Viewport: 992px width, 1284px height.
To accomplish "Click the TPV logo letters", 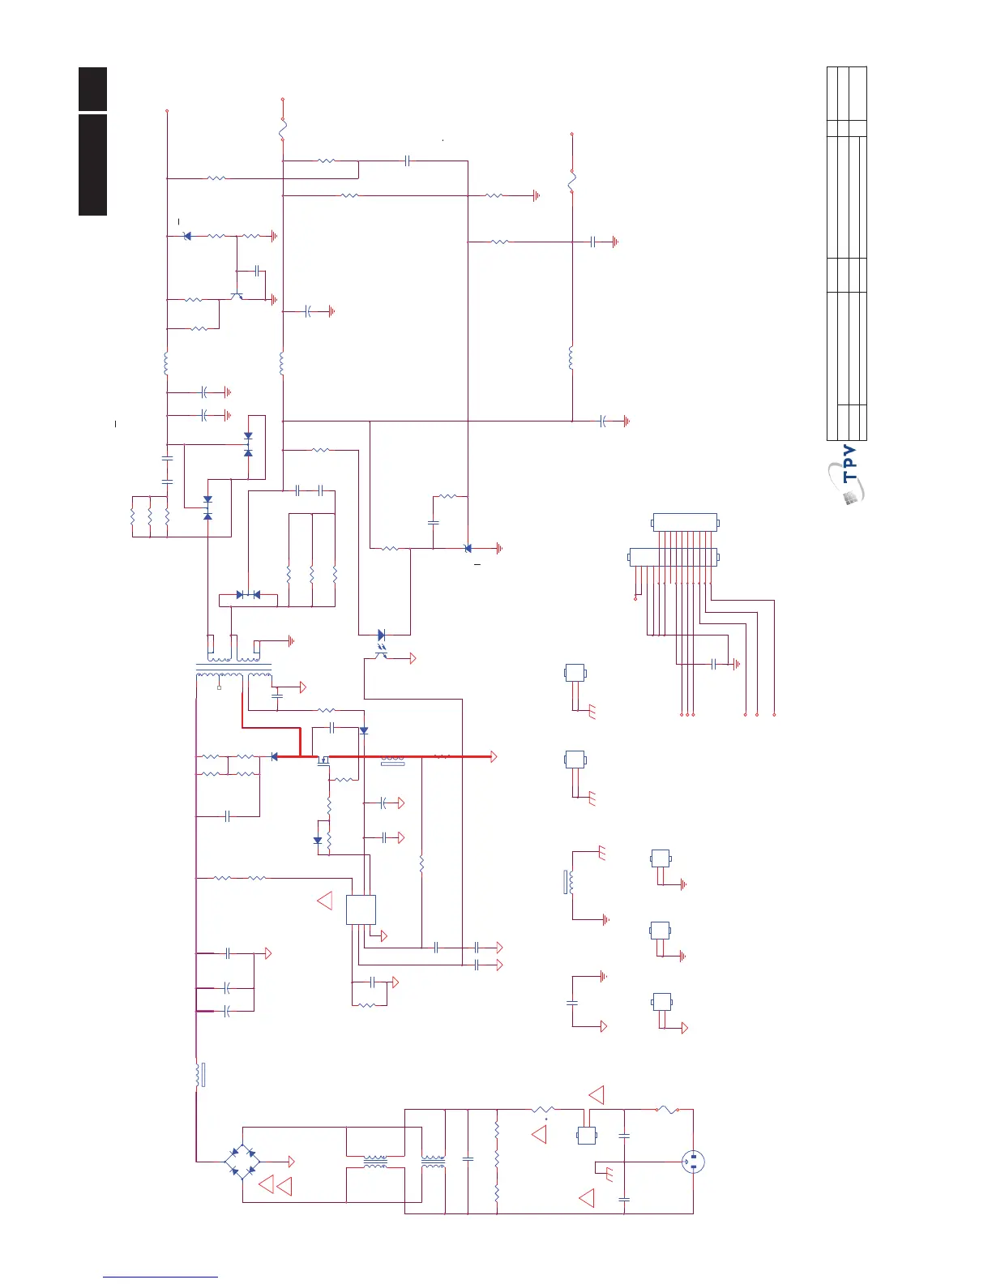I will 849,464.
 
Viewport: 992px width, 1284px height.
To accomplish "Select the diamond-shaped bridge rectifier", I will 242,1162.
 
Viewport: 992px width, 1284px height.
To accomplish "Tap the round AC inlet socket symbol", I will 693,1162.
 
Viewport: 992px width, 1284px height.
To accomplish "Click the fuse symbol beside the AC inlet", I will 666,1109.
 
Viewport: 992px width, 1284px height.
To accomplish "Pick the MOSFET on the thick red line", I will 323,760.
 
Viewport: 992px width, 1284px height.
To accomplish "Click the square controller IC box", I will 361,909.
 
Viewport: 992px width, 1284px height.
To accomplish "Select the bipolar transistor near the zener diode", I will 237,297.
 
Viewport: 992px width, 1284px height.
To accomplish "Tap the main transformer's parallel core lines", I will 233,666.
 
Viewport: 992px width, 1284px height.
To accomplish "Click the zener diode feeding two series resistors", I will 187,236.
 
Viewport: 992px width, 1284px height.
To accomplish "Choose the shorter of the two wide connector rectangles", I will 685,522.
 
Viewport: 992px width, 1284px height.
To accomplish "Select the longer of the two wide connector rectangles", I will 673,557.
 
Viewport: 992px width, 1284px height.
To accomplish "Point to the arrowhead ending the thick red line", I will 492,756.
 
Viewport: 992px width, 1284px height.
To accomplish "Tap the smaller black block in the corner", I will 92,88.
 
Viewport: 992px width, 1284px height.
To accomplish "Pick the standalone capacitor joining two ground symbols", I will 572,1003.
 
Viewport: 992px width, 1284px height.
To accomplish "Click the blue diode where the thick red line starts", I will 274,756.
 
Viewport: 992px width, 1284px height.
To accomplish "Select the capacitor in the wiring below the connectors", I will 713,664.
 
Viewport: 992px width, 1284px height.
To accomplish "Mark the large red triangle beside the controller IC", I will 325,900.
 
